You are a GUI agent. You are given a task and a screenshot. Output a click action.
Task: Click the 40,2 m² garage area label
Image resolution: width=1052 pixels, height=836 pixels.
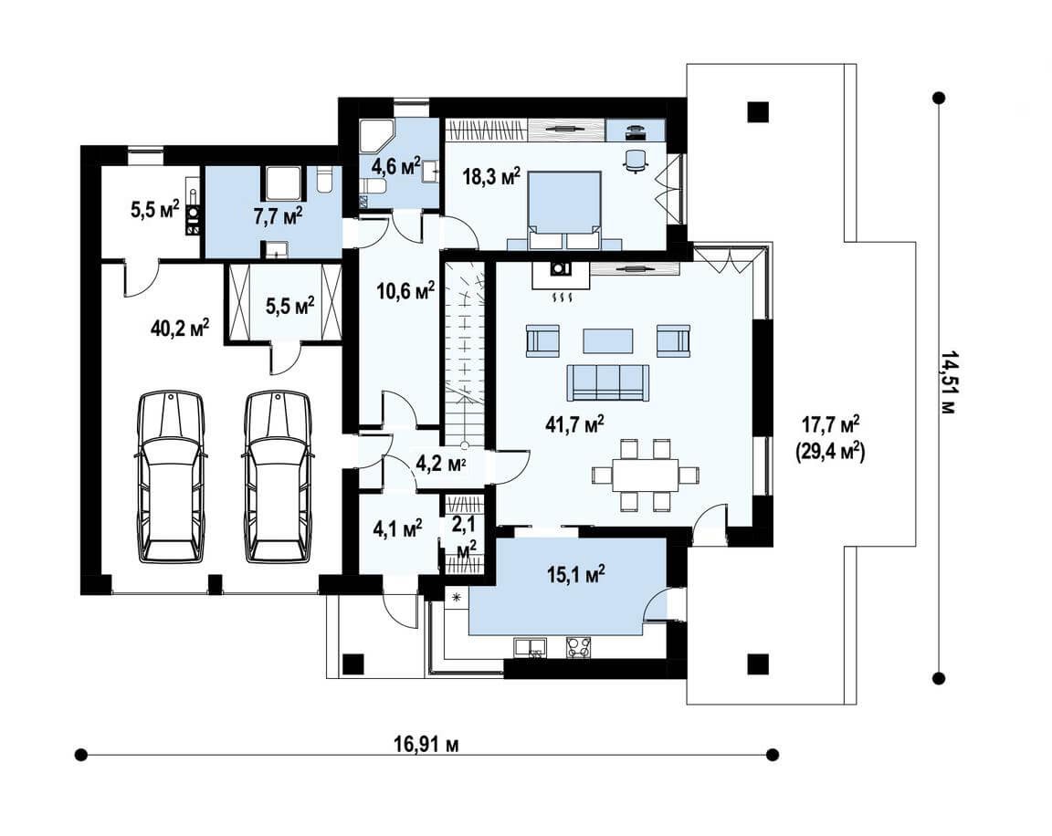tap(181, 329)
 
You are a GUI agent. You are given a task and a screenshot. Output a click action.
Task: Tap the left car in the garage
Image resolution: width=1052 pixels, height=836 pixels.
tap(171, 476)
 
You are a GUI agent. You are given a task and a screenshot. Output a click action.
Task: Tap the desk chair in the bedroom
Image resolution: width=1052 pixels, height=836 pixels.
tap(636, 161)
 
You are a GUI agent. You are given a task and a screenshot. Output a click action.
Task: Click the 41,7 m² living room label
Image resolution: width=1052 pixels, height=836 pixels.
tap(575, 425)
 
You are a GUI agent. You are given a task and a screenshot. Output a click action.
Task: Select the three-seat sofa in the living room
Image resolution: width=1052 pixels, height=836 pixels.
tap(608, 382)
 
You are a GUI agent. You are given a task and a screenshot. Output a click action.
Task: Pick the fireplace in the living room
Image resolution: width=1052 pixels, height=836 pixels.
tap(561, 275)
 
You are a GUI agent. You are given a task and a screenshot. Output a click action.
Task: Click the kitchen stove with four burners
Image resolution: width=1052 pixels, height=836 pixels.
tap(581, 647)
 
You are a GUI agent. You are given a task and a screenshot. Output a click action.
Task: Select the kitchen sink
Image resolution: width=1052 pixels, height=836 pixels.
tap(530, 648)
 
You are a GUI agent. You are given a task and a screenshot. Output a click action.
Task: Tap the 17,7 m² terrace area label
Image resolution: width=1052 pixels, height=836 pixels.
tap(831, 425)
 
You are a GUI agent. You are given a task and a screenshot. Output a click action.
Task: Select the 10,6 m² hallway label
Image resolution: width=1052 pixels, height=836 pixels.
tap(405, 291)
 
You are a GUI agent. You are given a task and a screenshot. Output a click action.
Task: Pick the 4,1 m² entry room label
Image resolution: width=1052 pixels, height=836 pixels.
tap(397, 529)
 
